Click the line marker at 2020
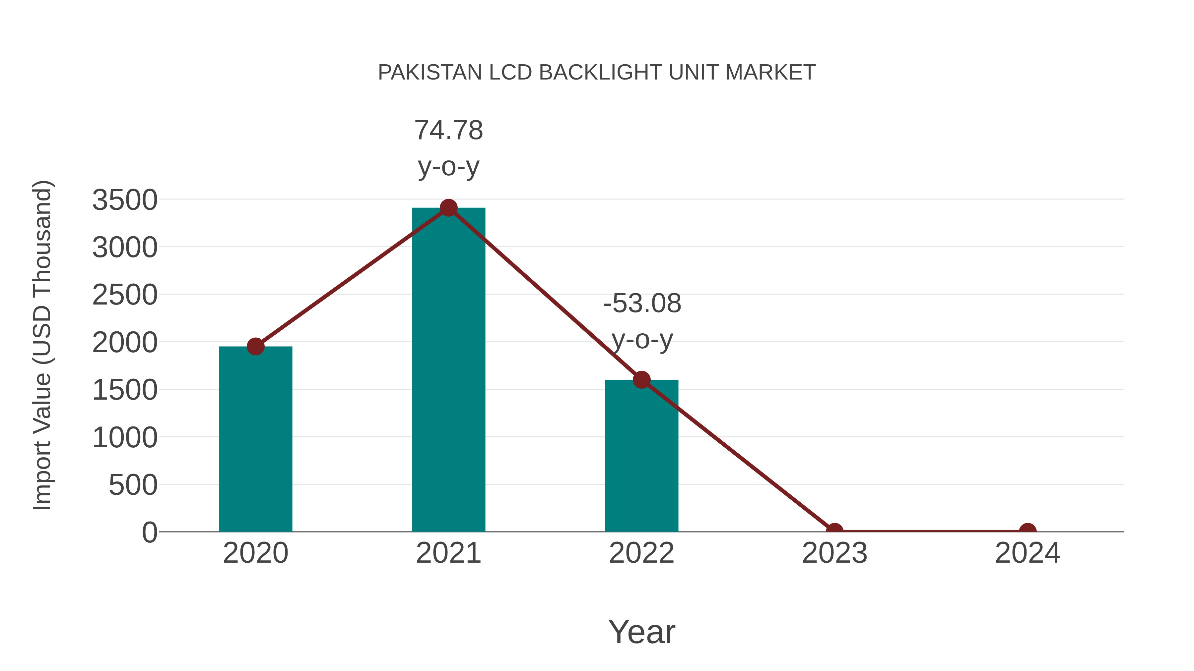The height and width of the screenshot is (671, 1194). click(255, 346)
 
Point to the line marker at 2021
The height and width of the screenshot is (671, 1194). click(448, 208)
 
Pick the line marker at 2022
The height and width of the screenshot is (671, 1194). click(641, 380)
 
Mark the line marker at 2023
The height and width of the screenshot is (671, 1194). click(834, 531)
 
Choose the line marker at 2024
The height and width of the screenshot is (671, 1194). click(1028, 531)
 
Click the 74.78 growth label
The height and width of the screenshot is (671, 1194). click(448, 131)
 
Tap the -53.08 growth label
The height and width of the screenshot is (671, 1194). click(642, 304)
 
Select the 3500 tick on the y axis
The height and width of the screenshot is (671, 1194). click(125, 200)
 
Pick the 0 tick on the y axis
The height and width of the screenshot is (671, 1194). click(150, 532)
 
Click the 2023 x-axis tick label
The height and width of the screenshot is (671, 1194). click(834, 553)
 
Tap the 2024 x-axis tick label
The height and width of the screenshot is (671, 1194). click(1028, 553)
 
